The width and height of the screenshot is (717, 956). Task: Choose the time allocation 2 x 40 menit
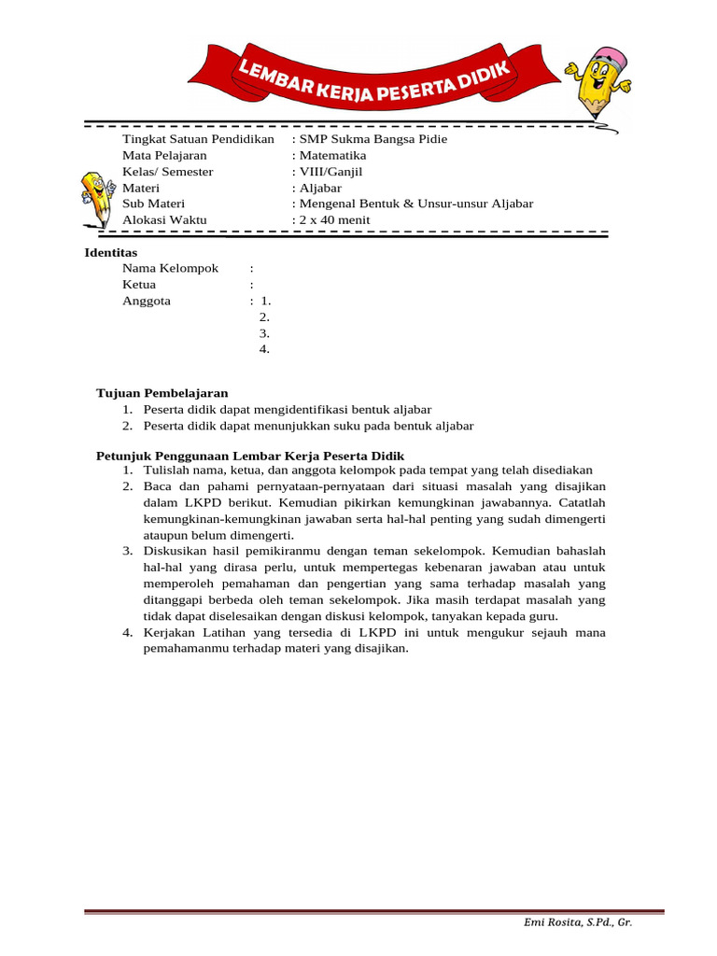pyautogui.click(x=333, y=220)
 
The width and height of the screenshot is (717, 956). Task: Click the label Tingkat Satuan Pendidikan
pyautogui.click(x=198, y=139)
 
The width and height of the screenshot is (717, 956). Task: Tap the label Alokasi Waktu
pyautogui.click(x=164, y=220)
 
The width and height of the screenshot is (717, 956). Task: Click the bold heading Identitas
pyautogui.click(x=110, y=253)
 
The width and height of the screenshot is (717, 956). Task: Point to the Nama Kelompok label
pyautogui.click(x=170, y=268)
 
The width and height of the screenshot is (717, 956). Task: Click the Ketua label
pyautogui.click(x=139, y=285)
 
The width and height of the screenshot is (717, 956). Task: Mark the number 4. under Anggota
pyautogui.click(x=264, y=349)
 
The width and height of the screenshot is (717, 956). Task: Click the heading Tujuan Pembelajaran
pyautogui.click(x=162, y=393)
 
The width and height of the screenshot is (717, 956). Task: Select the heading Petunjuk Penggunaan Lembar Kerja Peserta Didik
pyautogui.click(x=250, y=455)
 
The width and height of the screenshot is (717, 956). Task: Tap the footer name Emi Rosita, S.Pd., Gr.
pyautogui.click(x=577, y=921)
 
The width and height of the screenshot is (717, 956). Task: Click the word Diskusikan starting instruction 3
pyautogui.click(x=174, y=551)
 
